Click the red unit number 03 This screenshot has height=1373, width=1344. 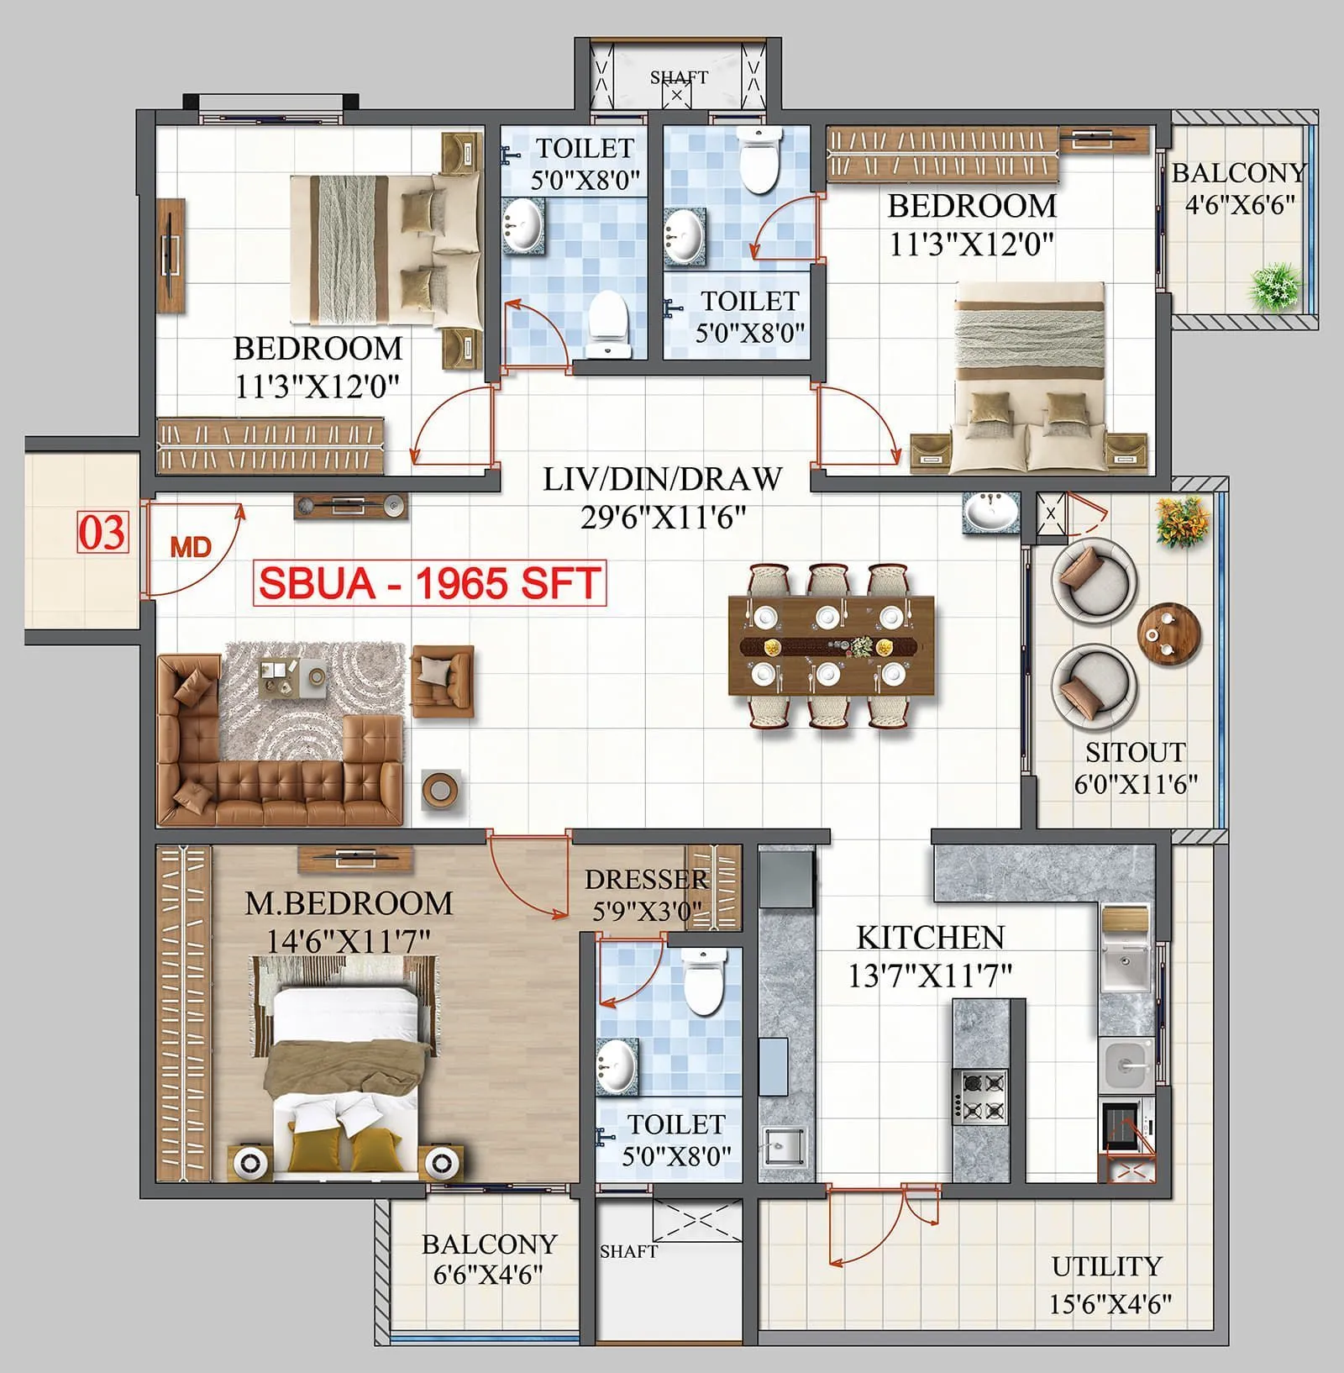[x=102, y=533]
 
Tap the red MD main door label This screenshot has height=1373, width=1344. [x=191, y=548]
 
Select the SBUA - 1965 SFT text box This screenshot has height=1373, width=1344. [x=429, y=583]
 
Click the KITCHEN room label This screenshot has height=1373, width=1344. [x=930, y=938]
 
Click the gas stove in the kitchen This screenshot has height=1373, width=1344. [x=979, y=1097]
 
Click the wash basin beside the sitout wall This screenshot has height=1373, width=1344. [x=991, y=512]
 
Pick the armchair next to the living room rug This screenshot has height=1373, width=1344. [x=442, y=674]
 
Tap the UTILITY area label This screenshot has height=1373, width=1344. [x=1106, y=1266]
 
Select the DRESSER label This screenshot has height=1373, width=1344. [x=647, y=880]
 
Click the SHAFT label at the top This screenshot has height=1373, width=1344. [x=679, y=76]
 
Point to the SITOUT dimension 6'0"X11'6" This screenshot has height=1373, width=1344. [x=1136, y=784]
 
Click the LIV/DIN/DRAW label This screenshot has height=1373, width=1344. [x=663, y=479]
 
